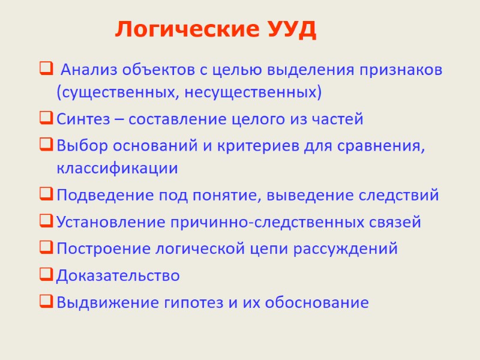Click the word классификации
[117, 169]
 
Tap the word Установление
[112, 223]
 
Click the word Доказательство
[118, 276]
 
